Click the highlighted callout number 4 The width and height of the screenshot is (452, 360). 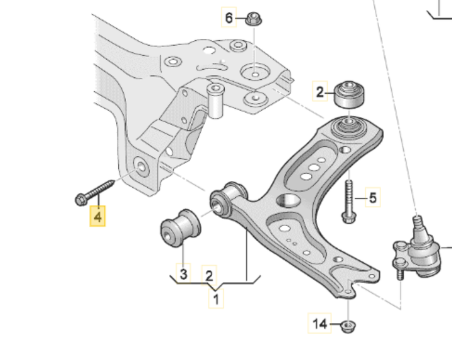point(97,217)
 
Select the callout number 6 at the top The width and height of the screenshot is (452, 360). point(229,18)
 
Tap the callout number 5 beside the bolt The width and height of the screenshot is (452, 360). point(373,199)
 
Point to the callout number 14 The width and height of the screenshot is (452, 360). point(320,324)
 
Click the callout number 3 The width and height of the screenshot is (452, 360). point(183,274)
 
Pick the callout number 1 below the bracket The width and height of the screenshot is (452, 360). point(215,300)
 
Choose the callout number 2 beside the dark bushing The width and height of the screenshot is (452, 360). point(321,94)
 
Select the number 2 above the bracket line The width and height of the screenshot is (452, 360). point(209,274)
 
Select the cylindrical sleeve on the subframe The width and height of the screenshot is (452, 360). point(217,101)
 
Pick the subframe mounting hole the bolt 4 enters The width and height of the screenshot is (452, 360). point(142,168)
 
